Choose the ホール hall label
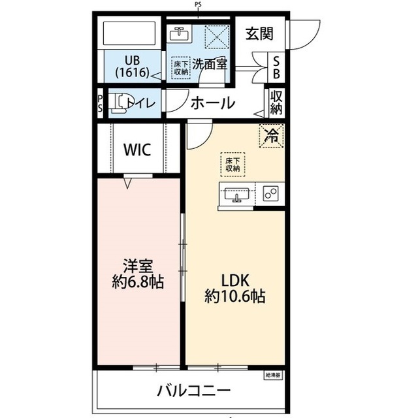point(212,103)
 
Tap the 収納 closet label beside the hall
point(276,103)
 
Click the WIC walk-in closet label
point(138,150)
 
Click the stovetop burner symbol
point(271,193)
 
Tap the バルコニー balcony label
point(193,391)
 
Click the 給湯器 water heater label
point(272,375)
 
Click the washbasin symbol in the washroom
point(179,33)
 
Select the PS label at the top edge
point(198,5)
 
